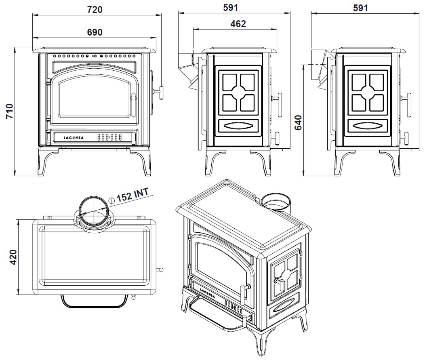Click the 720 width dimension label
pos(95,9)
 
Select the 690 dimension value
pos(95,32)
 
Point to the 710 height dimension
pos(9,112)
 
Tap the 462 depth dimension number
pos(238,24)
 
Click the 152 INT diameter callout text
pos(133,195)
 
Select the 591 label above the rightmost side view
pos(360,8)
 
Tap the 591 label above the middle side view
pos(231,8)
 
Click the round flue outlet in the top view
pos(93,211)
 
